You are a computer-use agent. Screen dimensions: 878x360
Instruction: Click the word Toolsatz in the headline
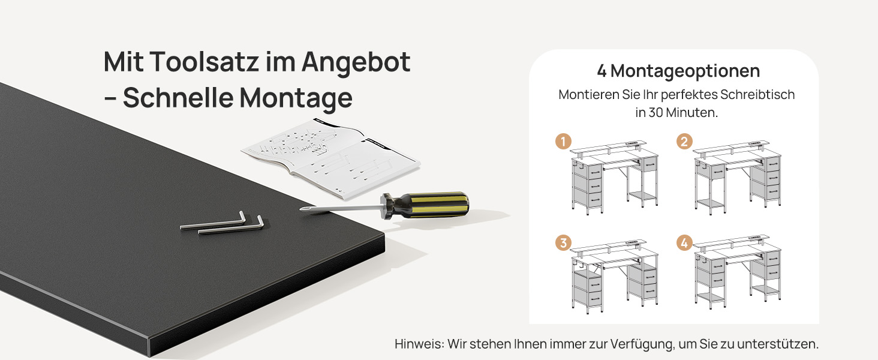(x=205, y=62)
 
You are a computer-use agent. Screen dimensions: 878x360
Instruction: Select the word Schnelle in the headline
(x=178, y=97)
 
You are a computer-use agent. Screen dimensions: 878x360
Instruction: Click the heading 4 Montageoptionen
(x=678, y=71)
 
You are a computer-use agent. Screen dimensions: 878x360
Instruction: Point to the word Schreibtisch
(x=757, y=95)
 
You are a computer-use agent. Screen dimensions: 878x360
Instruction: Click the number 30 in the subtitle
(x=656, y=113)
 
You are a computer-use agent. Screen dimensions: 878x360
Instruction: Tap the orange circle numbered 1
(x=563, y=142)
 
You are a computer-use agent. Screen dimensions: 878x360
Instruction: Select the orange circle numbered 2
(x=684, y=142)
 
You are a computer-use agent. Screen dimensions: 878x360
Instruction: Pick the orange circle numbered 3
(x=563, y=243)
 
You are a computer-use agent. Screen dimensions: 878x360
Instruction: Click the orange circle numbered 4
(x=684, y=243)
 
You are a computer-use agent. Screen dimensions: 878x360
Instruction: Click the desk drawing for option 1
(x=614, y=177)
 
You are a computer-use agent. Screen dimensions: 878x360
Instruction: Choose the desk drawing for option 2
(x=737, y=177)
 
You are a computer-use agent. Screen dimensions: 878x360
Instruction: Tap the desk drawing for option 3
(x=614, y=277)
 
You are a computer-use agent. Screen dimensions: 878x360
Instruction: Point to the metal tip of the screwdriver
(x=302, y=209)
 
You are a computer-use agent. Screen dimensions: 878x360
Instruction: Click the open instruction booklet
(x=331, y=159)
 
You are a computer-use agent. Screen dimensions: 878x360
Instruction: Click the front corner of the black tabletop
(x=384, y=236)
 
